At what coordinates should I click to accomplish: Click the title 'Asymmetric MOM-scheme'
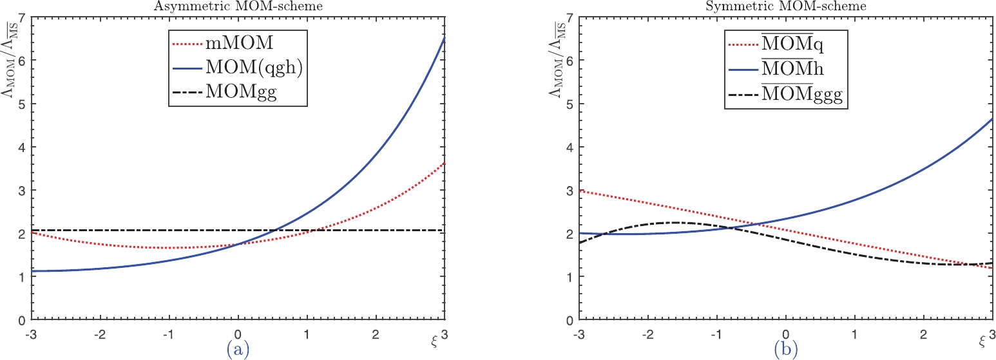point(238,6)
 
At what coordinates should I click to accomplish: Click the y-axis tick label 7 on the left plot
point(23,17)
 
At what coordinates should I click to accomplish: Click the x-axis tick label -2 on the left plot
point(100,335)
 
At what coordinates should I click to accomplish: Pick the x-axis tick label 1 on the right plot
point(855,335)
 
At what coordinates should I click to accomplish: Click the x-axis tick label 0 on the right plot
point(786,335)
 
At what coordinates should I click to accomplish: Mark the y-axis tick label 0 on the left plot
point(23,320)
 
